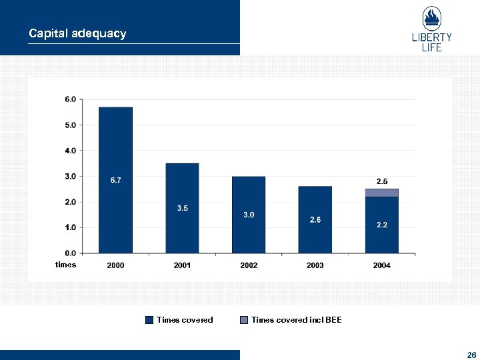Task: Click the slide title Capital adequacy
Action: [x=77, y=33]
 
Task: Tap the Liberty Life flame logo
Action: [x=431, y=19]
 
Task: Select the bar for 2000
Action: [x=115, y=180]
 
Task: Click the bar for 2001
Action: [x=182, y=208]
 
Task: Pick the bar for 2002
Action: [x=249, y=215]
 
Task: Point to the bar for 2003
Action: [x=315, y=220]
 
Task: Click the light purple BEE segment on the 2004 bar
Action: [x=382, y=193]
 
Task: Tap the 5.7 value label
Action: [x=115, y=181]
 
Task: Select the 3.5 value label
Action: [x=182, y=209]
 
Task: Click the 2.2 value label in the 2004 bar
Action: [x=382, y=225]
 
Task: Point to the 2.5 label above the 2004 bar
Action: [x=382, y=181]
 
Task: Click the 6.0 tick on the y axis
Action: [x=70, y=99]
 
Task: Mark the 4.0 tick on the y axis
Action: [x=70, y=151]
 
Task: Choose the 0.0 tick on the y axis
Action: [x=70, y=253]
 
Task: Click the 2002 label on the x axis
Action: [x=249, y=265]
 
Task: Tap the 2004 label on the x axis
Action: [x=382, y=265]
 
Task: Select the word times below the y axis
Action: [x=65, y=265]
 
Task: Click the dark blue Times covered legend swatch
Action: [x=149, y=320]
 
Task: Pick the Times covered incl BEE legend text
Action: [x=296, y=320]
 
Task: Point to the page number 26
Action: [x=471, y=355]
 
